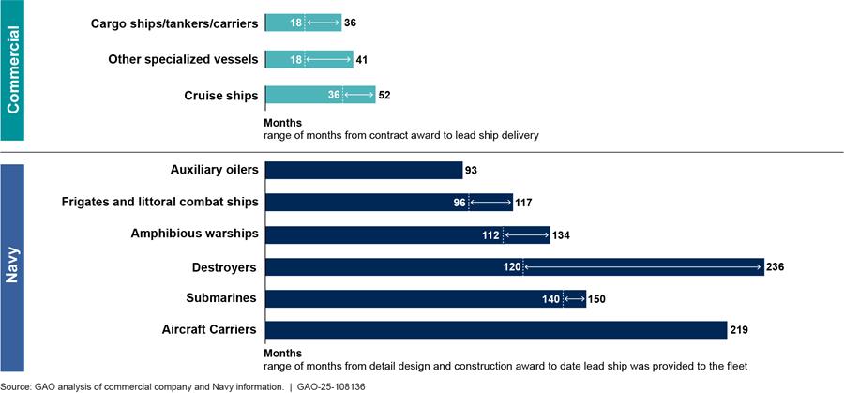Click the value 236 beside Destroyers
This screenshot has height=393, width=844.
pos(775,267)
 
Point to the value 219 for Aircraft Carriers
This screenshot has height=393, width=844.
pos(739,330)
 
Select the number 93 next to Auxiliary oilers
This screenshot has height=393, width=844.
pos(472,170)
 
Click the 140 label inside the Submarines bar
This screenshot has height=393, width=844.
pos(550,299)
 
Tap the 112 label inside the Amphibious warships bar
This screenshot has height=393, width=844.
pos(490,234)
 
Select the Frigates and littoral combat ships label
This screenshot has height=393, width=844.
pos(159,203)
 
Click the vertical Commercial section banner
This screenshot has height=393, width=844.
pos(13,70)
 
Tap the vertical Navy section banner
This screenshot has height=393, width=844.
pos(13,265)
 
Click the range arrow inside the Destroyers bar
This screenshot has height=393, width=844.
pos(642,267)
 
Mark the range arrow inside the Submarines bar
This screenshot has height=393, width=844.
pos(573,299)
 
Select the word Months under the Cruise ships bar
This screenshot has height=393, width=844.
pos(283,123)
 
